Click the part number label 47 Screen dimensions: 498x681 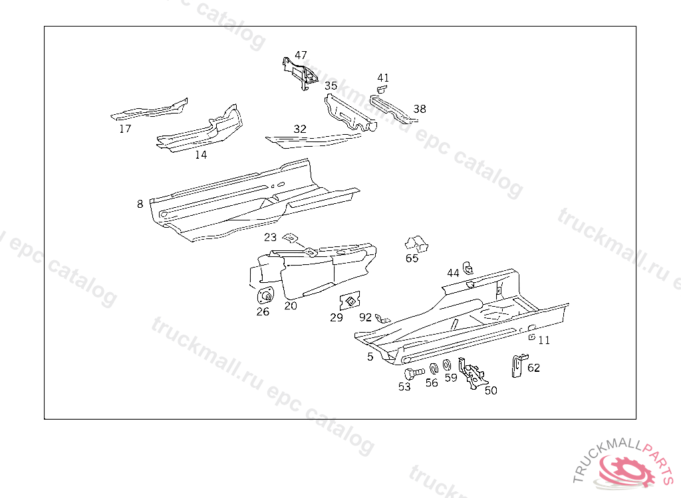coord(301,55)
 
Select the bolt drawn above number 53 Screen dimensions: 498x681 coord(412,373)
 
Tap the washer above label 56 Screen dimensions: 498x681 coord(433,369)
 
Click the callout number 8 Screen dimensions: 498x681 coord(140,204)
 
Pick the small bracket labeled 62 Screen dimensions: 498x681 coord(516,365)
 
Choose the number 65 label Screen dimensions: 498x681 coord(412,258)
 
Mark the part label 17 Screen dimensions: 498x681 coord(125,129)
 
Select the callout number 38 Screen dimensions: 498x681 coord(419,109)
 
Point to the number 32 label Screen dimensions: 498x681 coord(300,129)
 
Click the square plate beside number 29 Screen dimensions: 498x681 coord(350,301)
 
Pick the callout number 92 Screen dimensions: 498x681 coord(365,317)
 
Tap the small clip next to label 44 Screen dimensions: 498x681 coord(468,268)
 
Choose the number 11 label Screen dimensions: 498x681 coord(544,340)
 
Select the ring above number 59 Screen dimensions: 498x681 coord(447,365)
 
